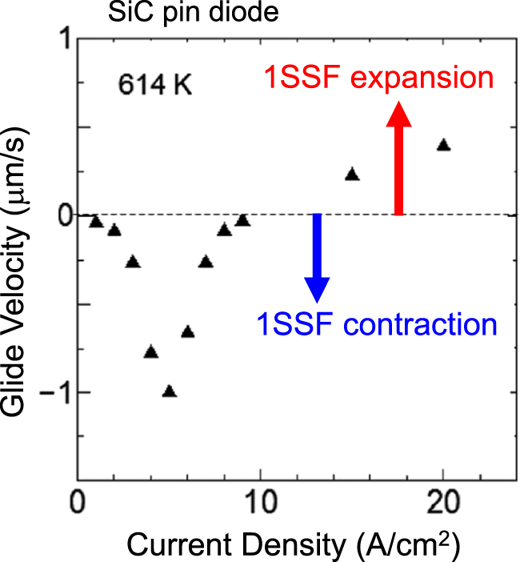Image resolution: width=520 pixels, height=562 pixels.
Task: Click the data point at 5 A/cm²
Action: [x=169, y=391]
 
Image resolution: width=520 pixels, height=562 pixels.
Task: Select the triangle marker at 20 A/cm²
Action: [x=443, y=145]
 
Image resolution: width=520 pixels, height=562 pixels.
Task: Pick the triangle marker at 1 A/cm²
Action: [x=96, y=222]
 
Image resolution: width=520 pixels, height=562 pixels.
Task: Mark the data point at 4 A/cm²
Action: [x=151, y=351]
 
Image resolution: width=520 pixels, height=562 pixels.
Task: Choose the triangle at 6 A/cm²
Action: [x=188, y=332]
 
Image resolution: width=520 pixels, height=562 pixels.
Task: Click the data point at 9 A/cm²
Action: [x=242, y=221]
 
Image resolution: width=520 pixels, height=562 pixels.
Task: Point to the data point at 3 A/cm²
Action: [x=133, y=262]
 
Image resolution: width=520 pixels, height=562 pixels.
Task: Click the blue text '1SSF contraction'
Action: [x=376, y=325]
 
